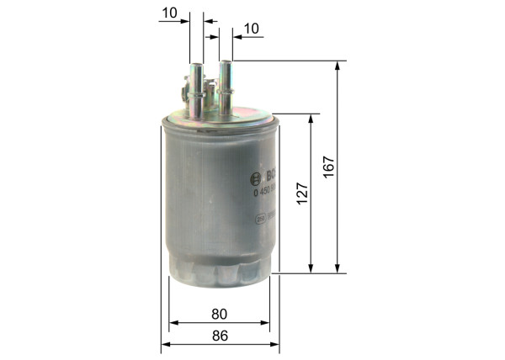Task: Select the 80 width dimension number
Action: click(219, 314)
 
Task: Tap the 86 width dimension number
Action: click(219, 336)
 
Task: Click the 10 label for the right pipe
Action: click(251, 29)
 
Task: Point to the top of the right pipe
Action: click(225, 61)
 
